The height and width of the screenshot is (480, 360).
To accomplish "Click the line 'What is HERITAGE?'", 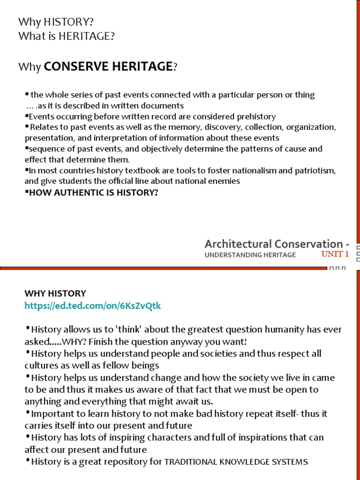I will [66, 36].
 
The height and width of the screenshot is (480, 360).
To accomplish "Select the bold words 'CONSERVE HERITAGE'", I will [108, 67].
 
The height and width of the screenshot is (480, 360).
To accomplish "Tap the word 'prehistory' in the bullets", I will [257, 116].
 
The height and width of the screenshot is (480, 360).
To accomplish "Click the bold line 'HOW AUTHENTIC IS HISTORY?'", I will [91, 192].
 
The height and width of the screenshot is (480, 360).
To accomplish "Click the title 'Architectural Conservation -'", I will [277, 244].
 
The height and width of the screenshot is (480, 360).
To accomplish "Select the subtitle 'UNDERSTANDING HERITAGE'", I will [250, 255].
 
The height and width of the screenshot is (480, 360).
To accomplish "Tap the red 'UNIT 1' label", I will [335, 255].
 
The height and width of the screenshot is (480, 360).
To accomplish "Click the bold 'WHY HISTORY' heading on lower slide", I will [55, 293].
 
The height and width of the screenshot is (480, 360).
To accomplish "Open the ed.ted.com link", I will [92, 306].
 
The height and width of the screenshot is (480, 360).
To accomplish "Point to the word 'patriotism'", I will [316, 171].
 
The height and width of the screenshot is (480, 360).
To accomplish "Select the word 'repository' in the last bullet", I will [126, 462].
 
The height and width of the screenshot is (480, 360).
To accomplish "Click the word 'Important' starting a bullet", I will [52, 413].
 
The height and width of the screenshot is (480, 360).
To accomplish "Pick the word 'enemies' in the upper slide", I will [224, 181].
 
